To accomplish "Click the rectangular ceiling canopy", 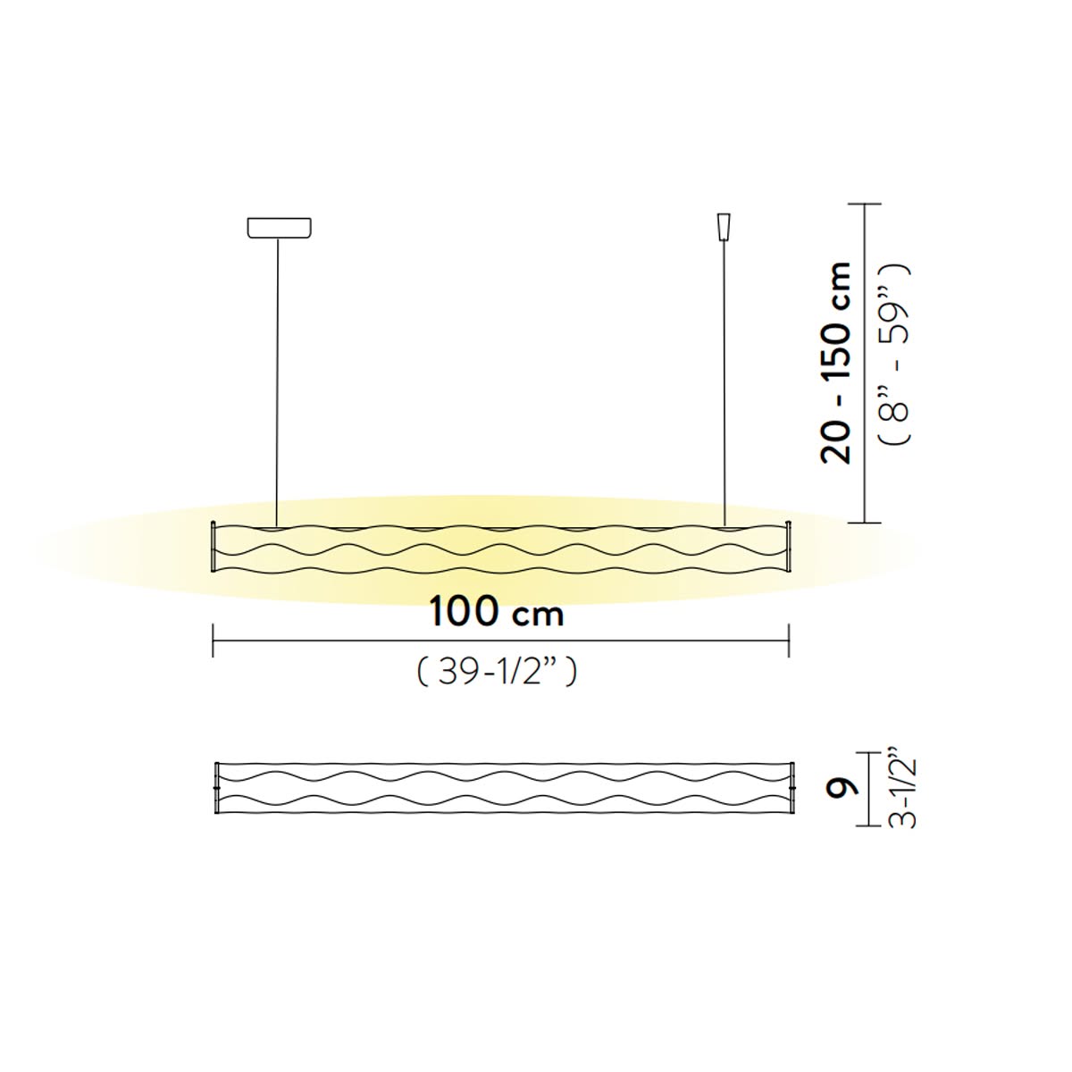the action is click(x=279, y=228).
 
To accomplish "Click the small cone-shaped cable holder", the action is click(x=724, y=226).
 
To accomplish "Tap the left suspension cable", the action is click(x=278, y=382).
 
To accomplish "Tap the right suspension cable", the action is click(x=724, y=383).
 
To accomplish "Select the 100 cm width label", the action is click(x=497, y=611).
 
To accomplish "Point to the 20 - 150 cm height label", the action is click(x=836, y=363).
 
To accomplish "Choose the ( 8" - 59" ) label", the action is click(x=893, y=355).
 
